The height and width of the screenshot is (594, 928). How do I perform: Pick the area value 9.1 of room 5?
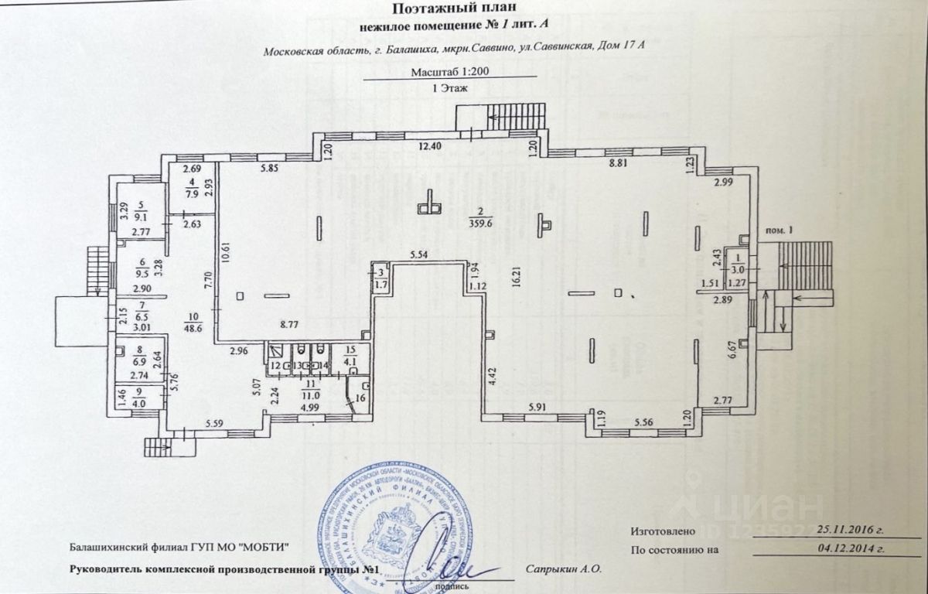141,217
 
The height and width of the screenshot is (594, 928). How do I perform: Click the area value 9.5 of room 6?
141,272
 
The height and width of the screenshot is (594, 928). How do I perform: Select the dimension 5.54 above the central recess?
419,254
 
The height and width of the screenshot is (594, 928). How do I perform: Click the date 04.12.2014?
847,550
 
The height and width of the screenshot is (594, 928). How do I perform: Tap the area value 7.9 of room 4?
192,194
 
